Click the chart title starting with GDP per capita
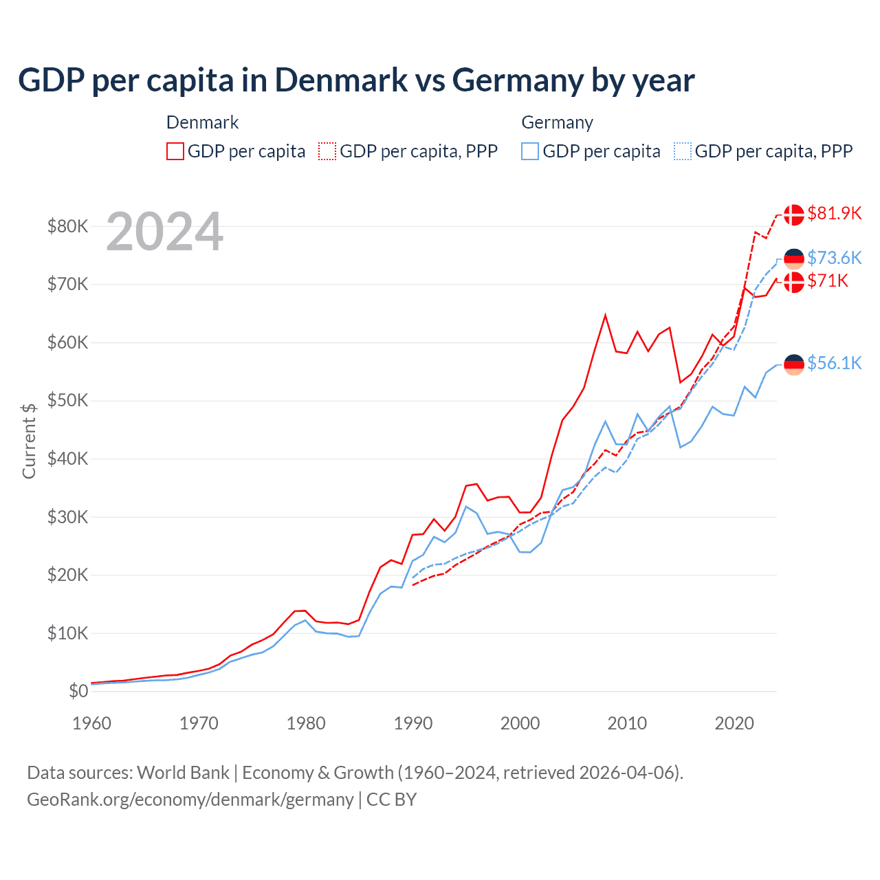click(x=356, y=80)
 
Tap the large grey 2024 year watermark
click(x=164, y=232)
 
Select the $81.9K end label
click(x=834, y=213)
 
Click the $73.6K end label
click(x=834, y=258)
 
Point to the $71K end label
click(x=828, y=280)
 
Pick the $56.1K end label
click(x=834, y=363)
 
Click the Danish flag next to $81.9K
click(x=794, y=214)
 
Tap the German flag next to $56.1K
click(x=794, y=365)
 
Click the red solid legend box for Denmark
click(x=175, y=151)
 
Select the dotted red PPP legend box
click(x=327, y=151)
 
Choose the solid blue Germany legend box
click(x=530, y=151)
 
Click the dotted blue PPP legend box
click(x=683, y=151)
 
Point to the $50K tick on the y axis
click(x=67, y=400)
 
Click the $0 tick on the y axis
click(x=78, y=691)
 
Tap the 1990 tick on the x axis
click(x=413, y=723)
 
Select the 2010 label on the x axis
click(x=627, y=723)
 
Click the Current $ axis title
click(x=29, y=441)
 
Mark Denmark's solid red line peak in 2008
click(x=605, y=316)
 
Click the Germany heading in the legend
click(x=557, y=122)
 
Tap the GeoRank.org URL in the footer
click(x=190, y=800)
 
